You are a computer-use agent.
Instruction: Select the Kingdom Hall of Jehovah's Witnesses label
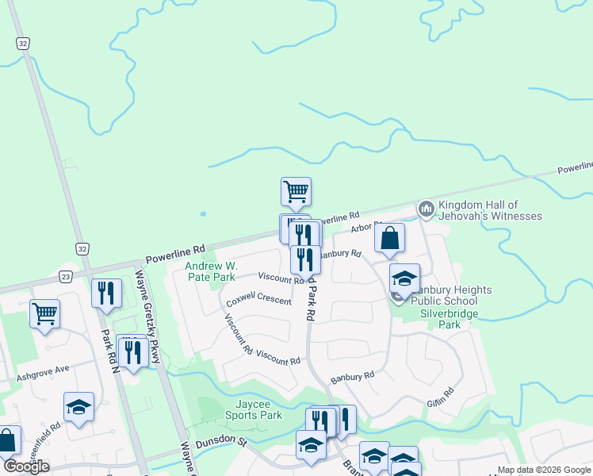coord(490,210)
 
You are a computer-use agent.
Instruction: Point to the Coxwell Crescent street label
coord(258,301)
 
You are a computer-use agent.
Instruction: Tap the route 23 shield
coord(65,276)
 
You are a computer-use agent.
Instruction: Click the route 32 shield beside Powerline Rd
coord(83,249)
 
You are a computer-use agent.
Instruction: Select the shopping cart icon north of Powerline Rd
coord(296,190)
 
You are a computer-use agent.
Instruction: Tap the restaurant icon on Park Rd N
coord(105,293)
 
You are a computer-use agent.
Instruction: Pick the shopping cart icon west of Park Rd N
coord(44,313)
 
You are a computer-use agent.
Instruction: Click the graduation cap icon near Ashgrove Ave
coord(78,406)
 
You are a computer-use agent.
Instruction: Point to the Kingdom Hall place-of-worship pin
coord(427,209)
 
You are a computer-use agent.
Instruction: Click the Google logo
coord(26,466)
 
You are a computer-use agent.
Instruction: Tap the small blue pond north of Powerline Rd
coord(204,213)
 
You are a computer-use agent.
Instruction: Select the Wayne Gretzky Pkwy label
coord(148,317)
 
